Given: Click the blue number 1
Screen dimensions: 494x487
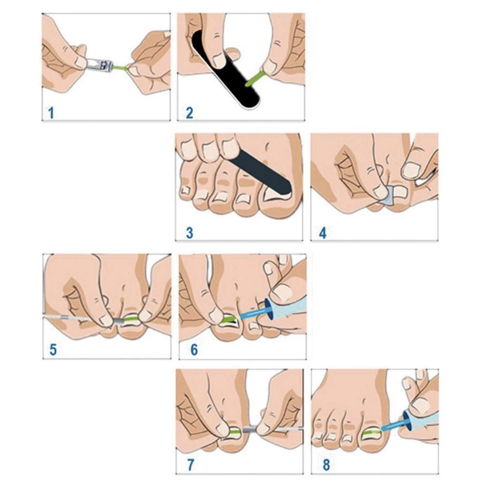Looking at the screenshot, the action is pyautogui.click(x=51, y=113).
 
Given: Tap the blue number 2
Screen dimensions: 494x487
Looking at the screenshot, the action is pyautogui.click(x=189, y=113).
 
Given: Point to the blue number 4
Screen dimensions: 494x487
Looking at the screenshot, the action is pyautogui.click(x=323, y=233).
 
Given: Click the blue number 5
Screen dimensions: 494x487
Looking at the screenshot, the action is pyautogui.click(x=53, y=349).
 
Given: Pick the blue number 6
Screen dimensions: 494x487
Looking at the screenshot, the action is pyautogui.click(x=194, y=349).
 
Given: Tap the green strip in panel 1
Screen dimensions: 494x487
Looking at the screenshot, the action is pyautogui.click(x=121, y=68).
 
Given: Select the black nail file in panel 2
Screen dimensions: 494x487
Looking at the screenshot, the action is pyautogui.click(x=226, y=69).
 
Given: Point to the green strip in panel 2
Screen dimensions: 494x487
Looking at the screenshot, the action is pyautogui.click(x=254, y=79).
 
